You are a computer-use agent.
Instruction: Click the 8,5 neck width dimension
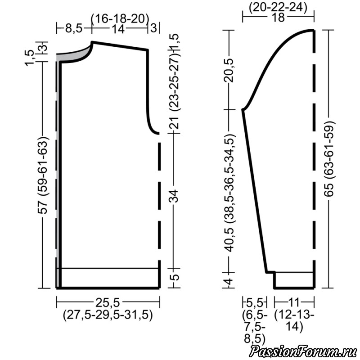(74, 29)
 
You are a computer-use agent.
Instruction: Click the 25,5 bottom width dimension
(108, 303)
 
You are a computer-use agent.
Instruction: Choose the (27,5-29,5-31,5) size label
(108, 315)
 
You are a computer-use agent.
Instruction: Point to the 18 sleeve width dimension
(279, 18)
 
